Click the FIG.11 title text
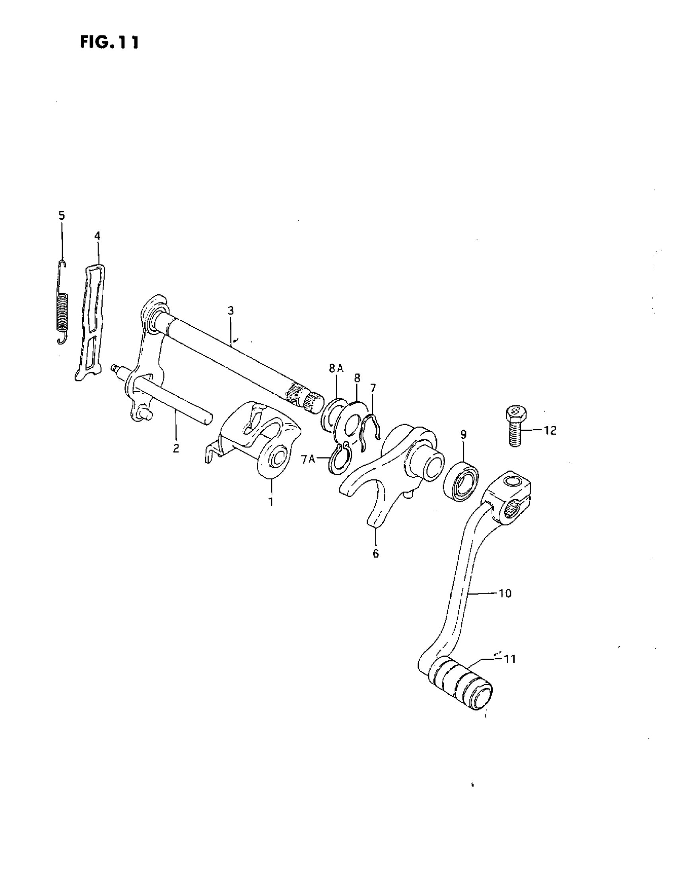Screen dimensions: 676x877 point(109,42)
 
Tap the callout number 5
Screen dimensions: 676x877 point(61,216)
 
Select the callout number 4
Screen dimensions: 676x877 point(97,236)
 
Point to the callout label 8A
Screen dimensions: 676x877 point(336,369)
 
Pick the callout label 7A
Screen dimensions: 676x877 point(308,459)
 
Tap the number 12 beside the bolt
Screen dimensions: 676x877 point(550,430)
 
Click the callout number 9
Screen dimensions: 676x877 point(463,434)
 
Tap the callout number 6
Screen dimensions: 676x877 point(375,553)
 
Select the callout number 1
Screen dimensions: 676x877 point(270,502)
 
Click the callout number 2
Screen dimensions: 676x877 point(176,449)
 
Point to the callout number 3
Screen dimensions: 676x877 point(230,310)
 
